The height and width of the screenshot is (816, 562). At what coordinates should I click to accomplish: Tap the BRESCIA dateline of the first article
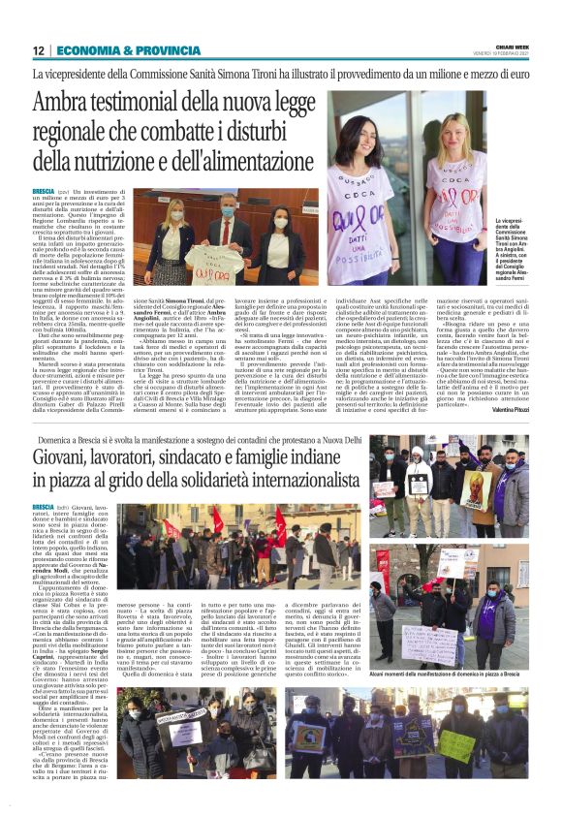coord(44,192)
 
